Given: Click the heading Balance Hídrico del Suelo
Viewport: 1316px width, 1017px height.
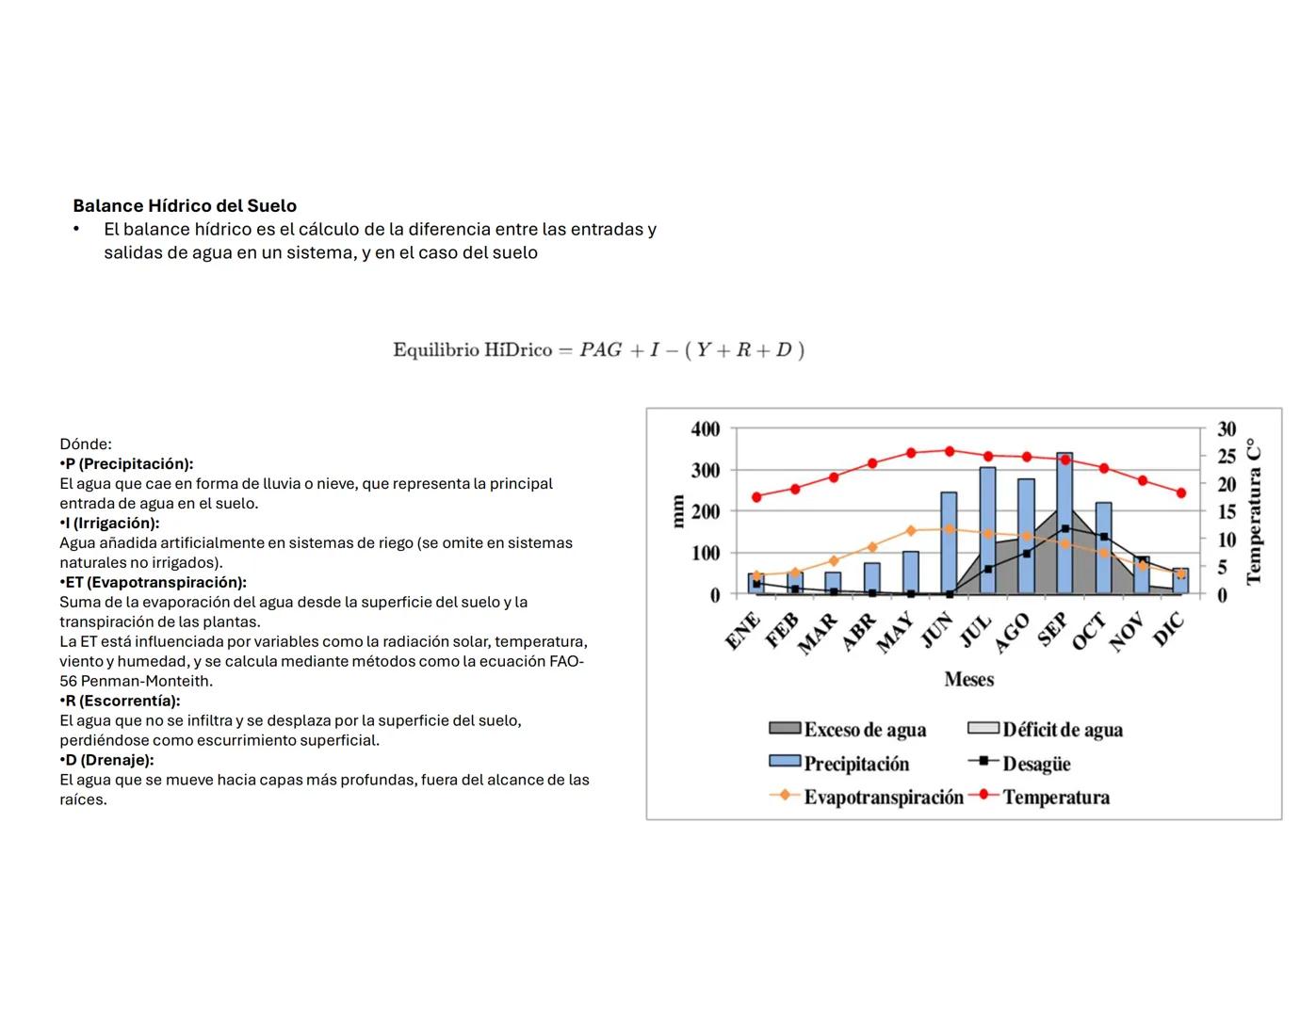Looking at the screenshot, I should point(185,205).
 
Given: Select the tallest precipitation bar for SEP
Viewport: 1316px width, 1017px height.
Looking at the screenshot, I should point(1064,524).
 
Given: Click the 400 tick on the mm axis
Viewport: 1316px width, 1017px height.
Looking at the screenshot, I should point(705,429).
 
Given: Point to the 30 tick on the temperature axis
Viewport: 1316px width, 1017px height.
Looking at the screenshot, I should point(1226,429).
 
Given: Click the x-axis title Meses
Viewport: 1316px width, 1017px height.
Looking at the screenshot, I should point(968,679).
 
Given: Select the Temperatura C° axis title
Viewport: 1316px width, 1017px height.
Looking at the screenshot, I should point(1254,511).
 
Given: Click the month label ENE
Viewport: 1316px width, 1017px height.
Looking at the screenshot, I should point(743,631).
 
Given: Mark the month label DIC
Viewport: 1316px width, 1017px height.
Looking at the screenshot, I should point(1168,629).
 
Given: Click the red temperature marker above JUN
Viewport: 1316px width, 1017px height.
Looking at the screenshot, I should point(949,451).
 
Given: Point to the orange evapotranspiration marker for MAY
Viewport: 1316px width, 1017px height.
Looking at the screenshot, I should point(910,530).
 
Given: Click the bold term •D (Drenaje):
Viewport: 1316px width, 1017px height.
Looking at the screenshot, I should point(106,760).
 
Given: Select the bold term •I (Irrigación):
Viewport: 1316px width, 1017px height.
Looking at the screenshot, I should point(109,523).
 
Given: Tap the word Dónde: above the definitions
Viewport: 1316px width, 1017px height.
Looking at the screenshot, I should point(86,444).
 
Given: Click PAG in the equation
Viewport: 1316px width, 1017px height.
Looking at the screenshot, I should point(600,350).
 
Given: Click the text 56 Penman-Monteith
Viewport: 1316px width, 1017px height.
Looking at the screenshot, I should point(136,681).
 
